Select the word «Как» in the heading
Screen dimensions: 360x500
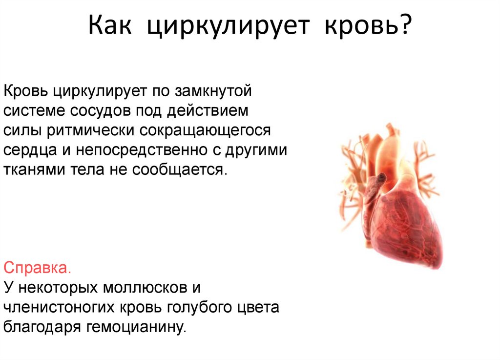(112, 26)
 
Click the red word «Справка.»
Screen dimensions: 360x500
(38, 268)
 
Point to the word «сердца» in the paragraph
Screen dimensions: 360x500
(30, 150)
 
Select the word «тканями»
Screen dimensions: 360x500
(32, 170)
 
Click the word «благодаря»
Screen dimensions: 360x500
(42, 326)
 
